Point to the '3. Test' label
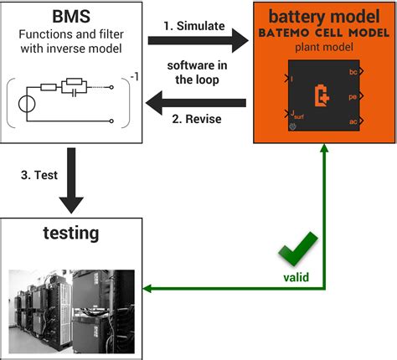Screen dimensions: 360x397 pyautogui.click(x=37, y=175)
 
